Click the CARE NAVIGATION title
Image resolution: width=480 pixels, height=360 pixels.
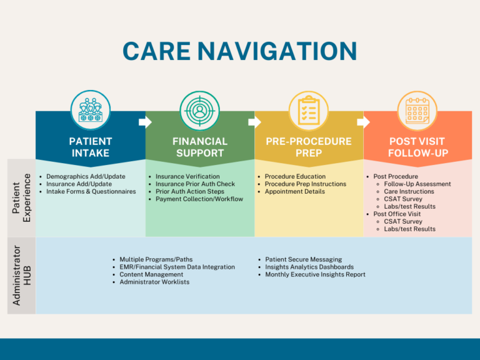(240, 51)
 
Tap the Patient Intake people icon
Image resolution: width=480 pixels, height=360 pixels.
(91, 111)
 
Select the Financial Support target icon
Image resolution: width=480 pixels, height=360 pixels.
(200, 111)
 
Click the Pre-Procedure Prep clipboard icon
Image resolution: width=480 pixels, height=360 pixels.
(309, 111)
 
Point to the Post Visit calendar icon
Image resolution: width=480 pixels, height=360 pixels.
(417, 111)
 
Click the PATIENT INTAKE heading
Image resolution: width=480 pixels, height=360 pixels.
(91, 147)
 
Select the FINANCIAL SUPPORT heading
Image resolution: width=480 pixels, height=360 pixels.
(200, 147)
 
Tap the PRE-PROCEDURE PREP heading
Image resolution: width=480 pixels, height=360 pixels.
(309, 147)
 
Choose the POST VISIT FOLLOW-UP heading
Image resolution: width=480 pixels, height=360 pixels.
(417, 147)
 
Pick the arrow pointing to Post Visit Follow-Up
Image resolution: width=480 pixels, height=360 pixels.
(363, 121)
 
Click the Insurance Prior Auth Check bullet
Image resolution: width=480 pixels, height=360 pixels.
(195, 184)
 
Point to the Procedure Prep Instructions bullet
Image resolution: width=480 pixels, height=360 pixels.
(305, 184)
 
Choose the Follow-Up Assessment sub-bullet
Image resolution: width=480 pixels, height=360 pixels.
(417, 184)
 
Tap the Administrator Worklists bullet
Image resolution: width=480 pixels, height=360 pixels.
(154, 282)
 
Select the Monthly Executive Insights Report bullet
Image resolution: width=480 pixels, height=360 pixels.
(315, 274)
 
